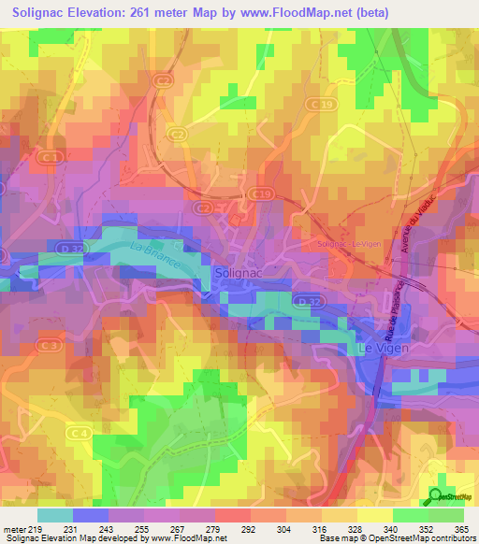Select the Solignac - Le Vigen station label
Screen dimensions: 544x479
pos(351,243)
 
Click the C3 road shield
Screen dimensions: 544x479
pos(51,346)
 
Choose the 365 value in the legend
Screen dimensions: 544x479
pos(462,529)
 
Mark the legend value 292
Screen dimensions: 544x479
pos(250,529)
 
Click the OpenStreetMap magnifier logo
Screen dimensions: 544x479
pos(436,497)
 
